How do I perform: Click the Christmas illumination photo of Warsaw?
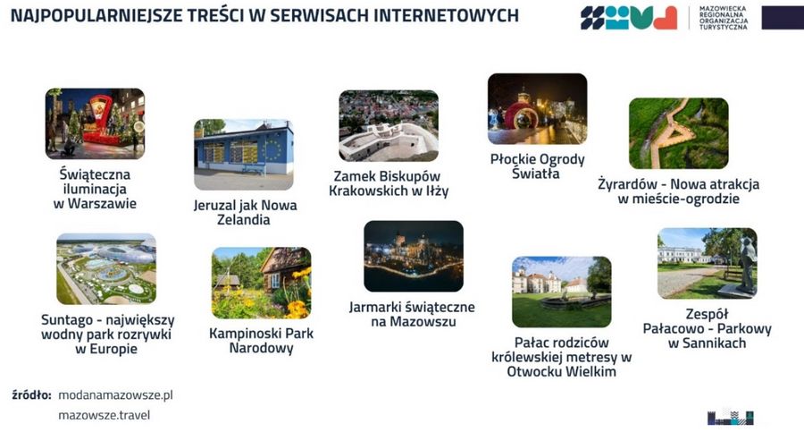click(95, 123)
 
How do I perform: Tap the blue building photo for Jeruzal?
click(244, 155)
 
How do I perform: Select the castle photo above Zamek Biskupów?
click(389, 126)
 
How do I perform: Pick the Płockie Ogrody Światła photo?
click(538, 109)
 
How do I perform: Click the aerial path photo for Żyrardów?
click(679, 133)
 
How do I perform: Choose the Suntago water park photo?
click(106, 268)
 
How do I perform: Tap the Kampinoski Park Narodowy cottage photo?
click(262, 283)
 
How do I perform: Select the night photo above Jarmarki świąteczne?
click(414, 257)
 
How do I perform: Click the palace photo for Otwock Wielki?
click(562, 292)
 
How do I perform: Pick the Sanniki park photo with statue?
click(708, 264)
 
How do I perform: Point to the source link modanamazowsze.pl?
click(115, 395)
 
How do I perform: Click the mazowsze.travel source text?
click(105, 415)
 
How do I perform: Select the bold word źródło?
click(31, 395)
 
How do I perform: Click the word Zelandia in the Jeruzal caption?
click(244, 219)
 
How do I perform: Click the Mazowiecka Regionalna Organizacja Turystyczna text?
click(724, 18)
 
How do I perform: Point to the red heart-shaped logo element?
click(665, 18)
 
